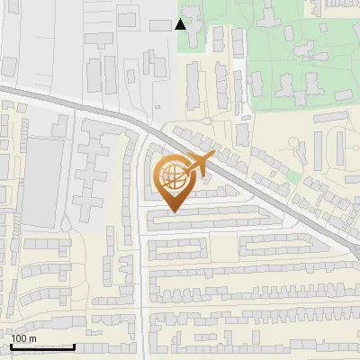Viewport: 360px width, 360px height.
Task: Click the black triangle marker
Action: point(181,24)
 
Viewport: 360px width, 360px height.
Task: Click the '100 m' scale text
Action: point(23,338)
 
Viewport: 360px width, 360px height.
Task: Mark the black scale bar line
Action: point(42,346)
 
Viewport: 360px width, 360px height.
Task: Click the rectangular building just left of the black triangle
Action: point(161,24)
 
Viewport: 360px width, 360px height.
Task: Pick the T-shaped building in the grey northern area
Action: point(152,63)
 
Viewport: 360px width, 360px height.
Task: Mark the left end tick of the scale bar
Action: point(11,345)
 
